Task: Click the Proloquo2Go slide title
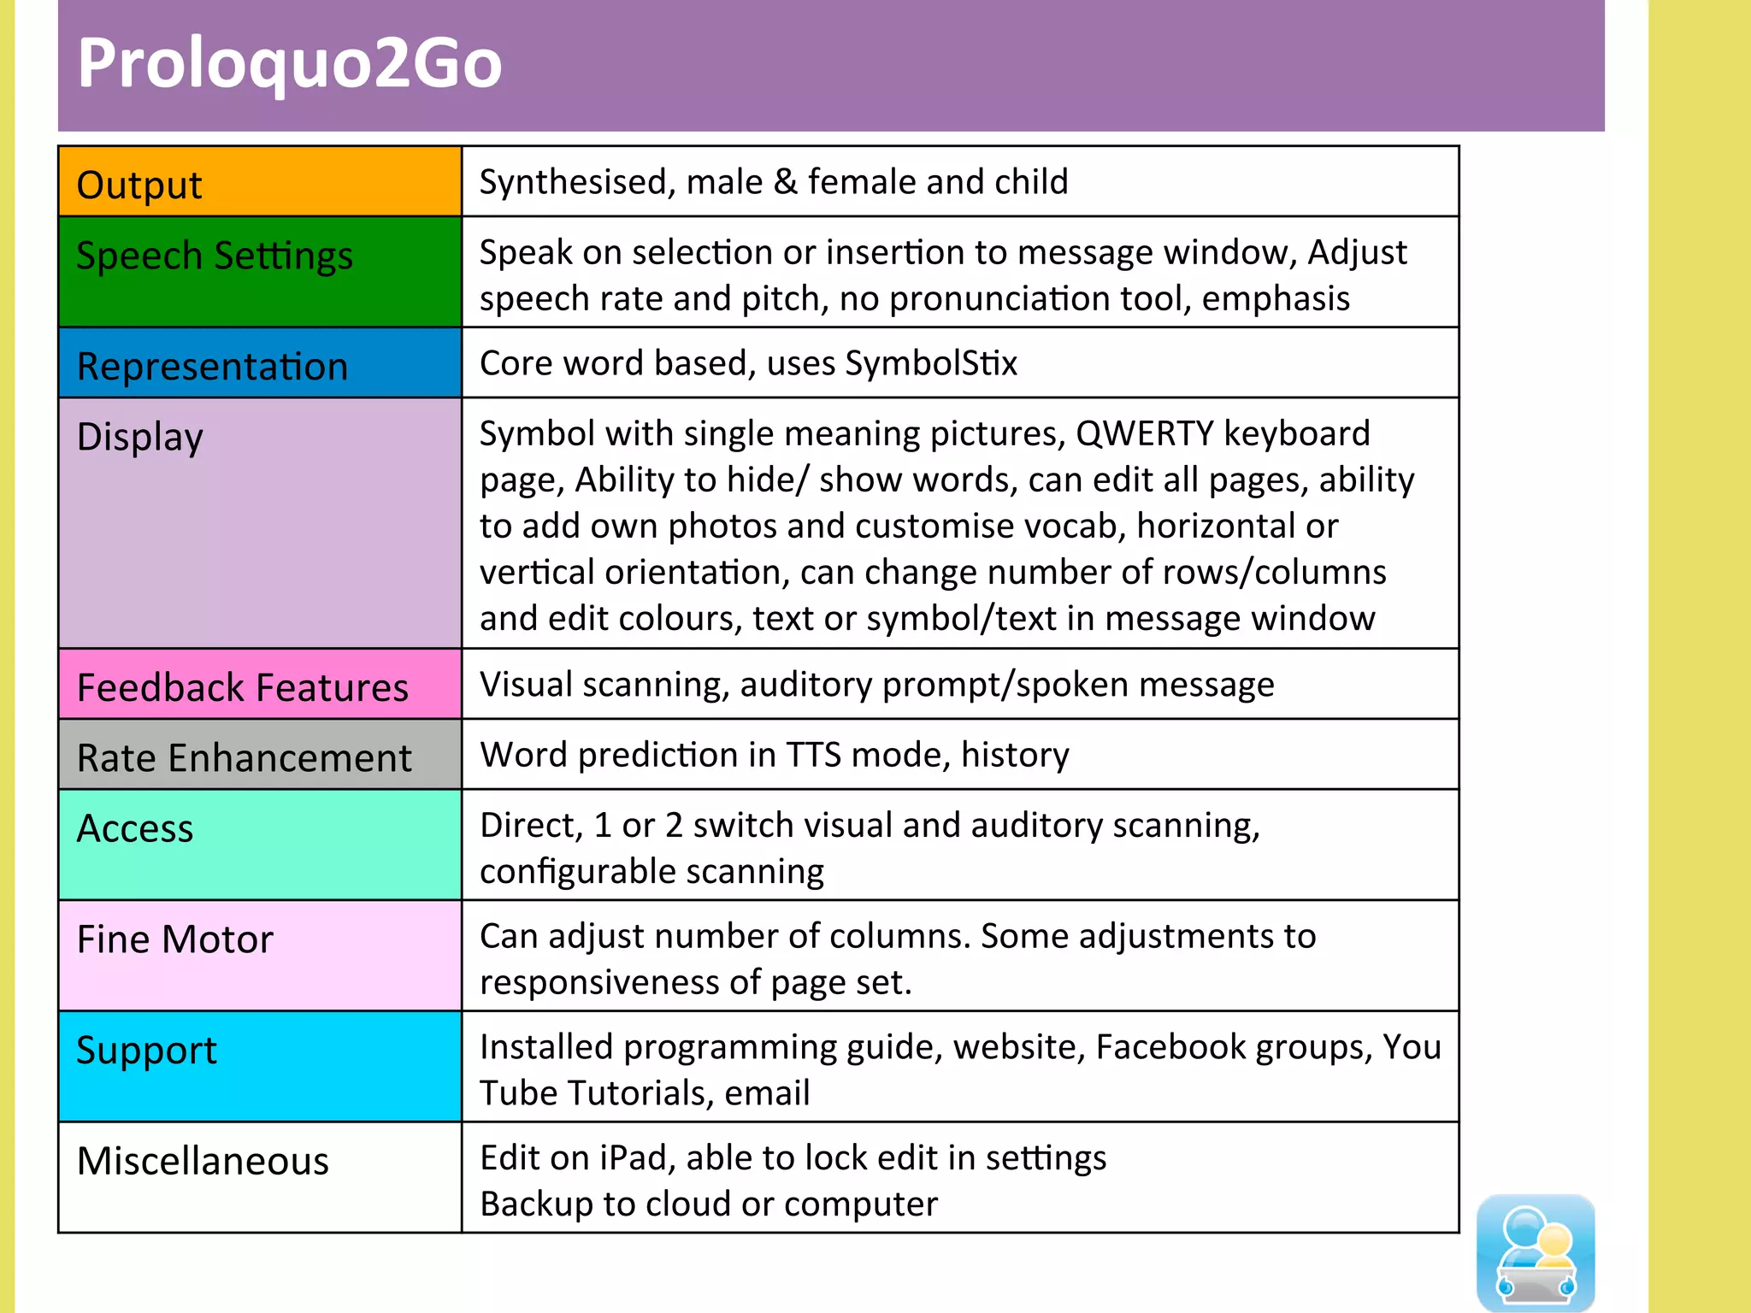(289, 64)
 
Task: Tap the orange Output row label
(139, 185)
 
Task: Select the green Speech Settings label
(215, 256)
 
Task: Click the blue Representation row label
(212, 367)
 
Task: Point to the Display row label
(139, 437)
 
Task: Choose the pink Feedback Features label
(243, 687)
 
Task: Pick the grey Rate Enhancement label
(245, 758)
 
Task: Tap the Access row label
(135, 828)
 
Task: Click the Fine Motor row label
(174, 939)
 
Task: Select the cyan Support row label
(146, 1051)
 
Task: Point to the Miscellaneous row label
(203, 1161)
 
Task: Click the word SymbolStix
(931, 363)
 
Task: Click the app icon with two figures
(1536, 1251)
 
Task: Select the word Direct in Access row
(531, 825)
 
